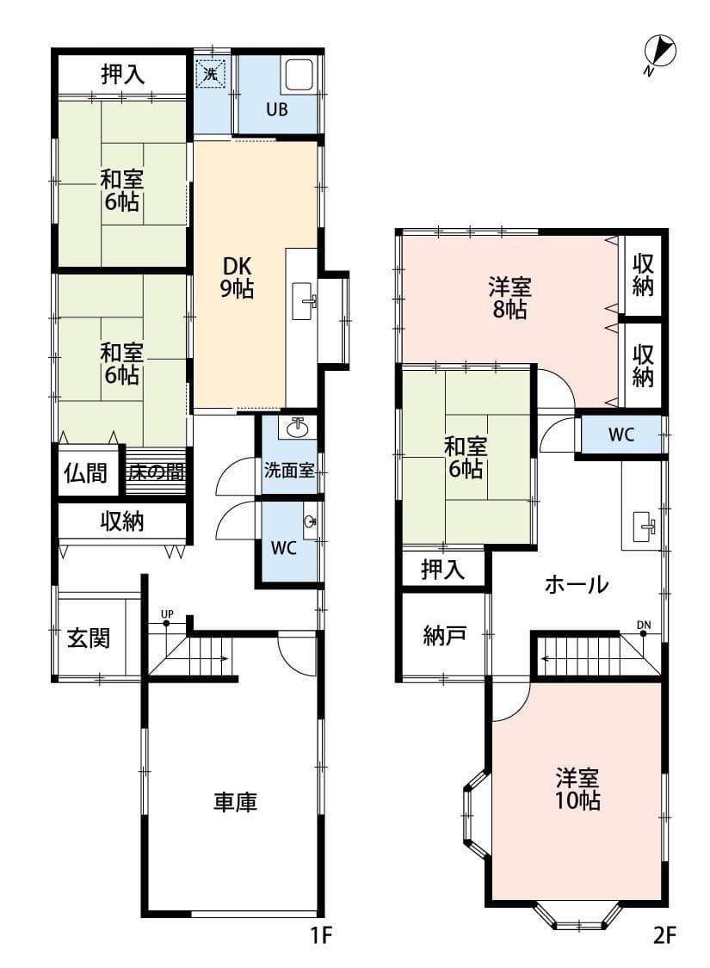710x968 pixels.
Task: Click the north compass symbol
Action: [x=658, y=52]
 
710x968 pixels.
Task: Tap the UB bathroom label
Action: [x=276, y=110]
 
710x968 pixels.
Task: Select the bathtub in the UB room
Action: [x=299, y=76]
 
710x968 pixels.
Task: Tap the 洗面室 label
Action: [x=289, y=470]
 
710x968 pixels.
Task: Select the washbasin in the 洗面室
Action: [x=299, y=426]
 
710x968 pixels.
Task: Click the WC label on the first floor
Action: [x=283, y=547]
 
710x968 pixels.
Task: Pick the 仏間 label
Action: [x=86, y=473]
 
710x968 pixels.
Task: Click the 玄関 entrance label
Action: [x=89, y=637]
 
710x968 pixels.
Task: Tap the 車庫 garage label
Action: [x=235, y=802]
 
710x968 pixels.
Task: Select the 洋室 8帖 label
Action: [x=509, y=299]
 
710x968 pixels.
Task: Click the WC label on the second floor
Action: [x=621, y=435]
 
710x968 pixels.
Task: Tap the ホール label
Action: [x=577, y=584]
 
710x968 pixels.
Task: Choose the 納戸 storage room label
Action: [x=445, y=635]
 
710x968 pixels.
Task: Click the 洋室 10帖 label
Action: [x=577, y=789]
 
